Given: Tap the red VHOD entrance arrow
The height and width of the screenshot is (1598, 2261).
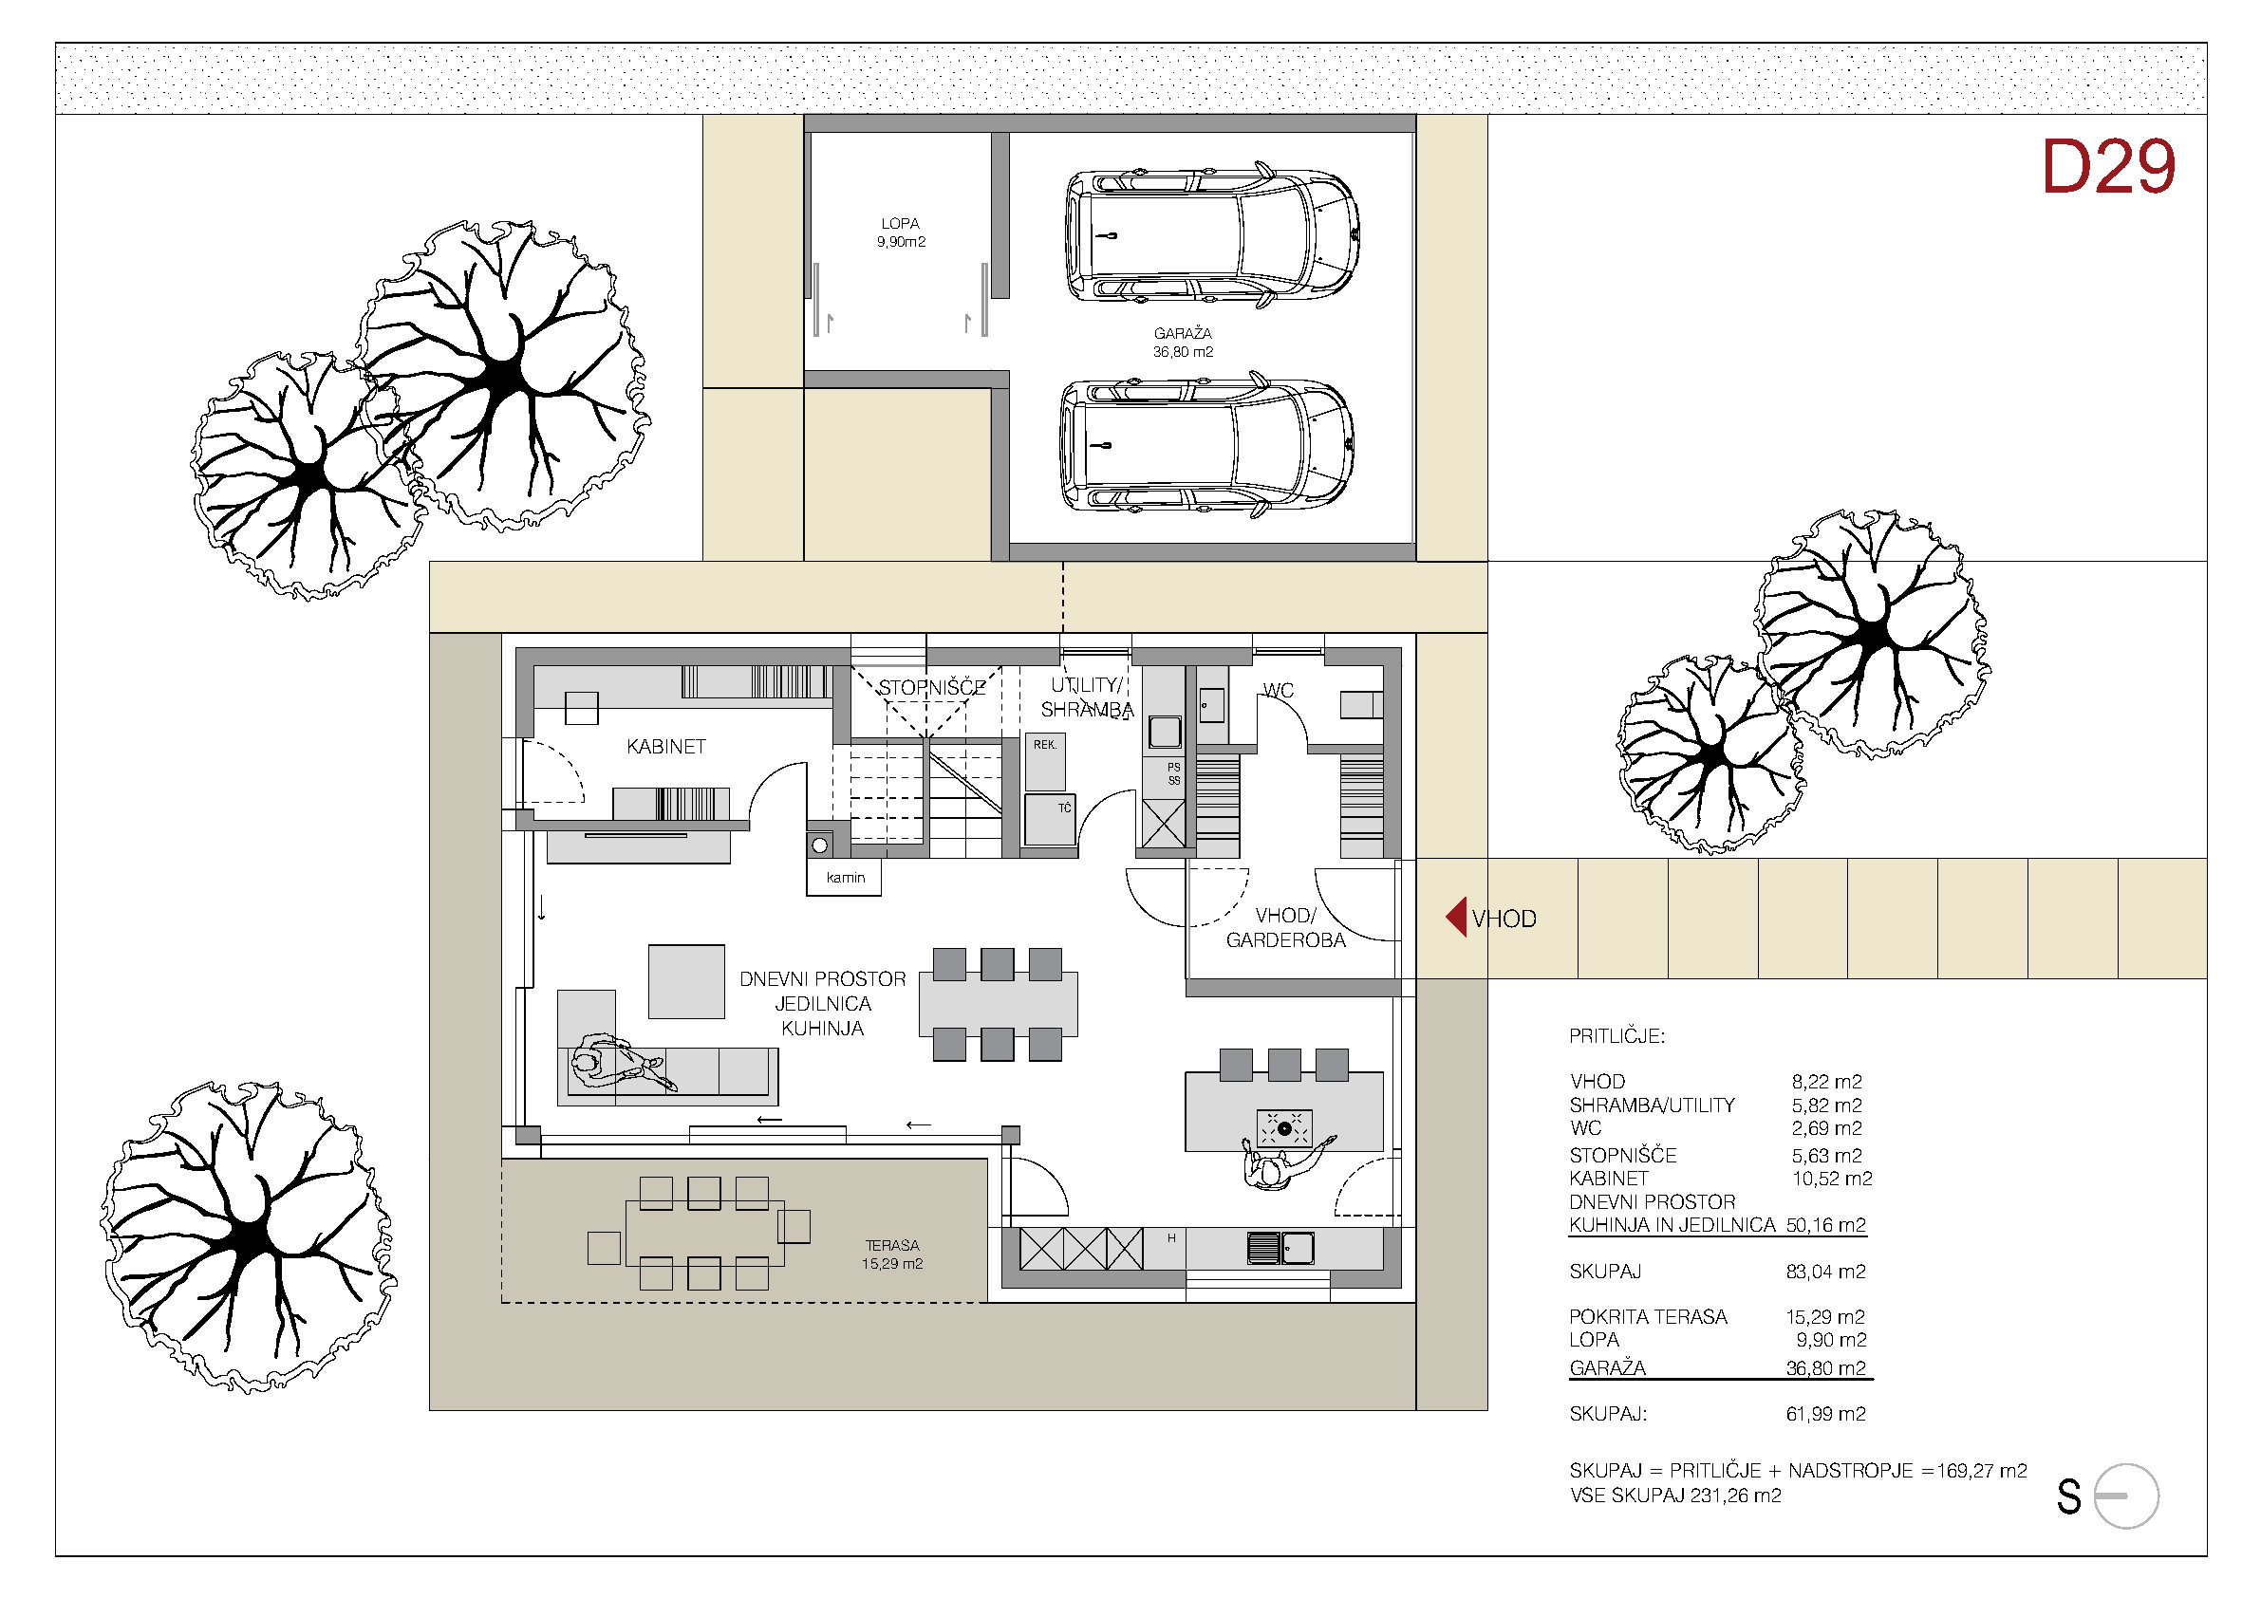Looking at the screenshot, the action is click(1455, 917).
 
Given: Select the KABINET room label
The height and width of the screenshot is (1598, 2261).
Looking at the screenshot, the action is click(665, 746).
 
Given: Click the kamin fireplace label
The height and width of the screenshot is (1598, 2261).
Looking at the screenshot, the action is click(845, 877).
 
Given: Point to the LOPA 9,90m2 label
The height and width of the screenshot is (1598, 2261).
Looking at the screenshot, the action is click(901, 232).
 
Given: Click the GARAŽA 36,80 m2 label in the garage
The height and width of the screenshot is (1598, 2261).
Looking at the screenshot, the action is click(1183, 343).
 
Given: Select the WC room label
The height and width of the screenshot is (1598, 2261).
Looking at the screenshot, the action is click(1279, 690).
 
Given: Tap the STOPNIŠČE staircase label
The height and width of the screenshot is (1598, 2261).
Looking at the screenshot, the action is click(931, 687).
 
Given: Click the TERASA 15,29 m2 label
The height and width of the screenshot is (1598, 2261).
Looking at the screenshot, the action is click(892, 1254).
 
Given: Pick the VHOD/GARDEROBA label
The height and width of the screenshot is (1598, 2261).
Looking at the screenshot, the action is click(1285, 927).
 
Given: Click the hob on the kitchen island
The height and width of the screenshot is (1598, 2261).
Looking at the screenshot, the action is click(1284, 1128).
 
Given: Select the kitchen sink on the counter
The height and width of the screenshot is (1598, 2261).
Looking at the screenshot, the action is click(1280, 1249).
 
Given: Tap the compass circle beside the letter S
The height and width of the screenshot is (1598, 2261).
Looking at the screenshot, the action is click(2127, 1496).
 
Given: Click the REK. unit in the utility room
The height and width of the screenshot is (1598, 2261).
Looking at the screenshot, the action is click(1045, 761).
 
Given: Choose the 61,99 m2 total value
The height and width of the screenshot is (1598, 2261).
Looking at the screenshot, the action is click(1825, 1414).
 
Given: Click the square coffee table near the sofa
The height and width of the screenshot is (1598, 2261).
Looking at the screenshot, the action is click(686, 981).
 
